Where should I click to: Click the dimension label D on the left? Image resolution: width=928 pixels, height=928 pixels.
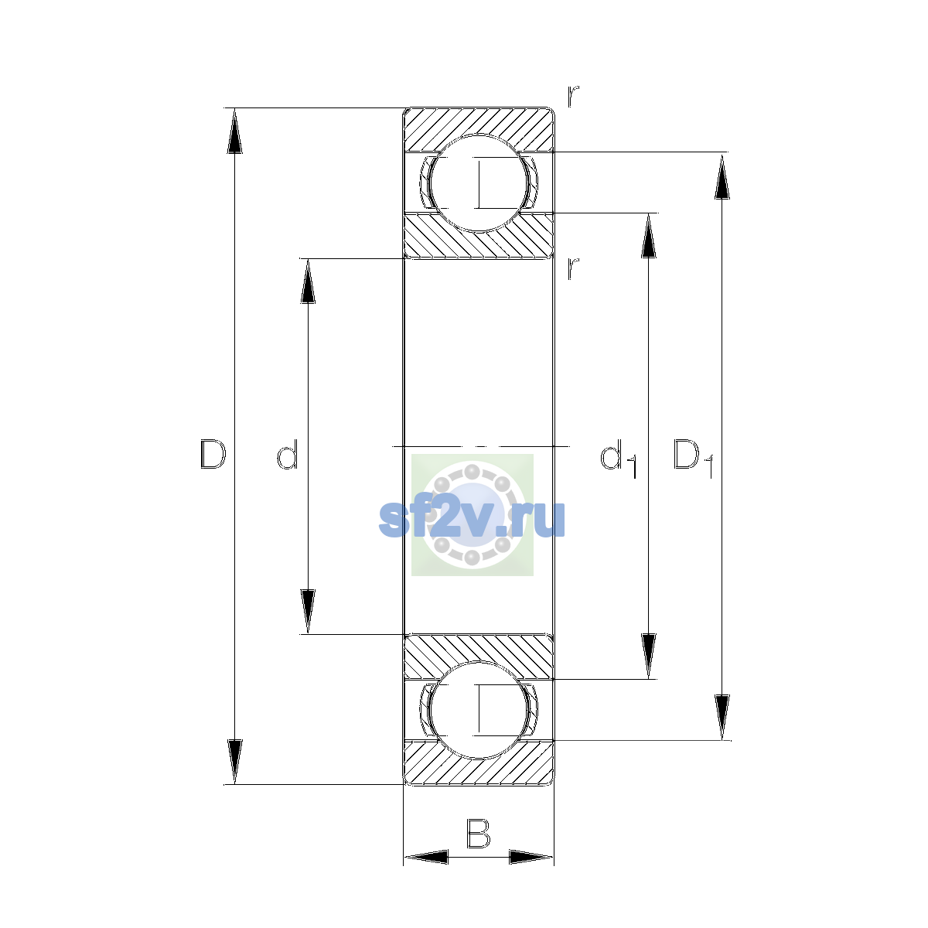(x=213, y=454)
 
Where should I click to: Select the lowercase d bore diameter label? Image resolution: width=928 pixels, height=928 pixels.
(x=288, y=454)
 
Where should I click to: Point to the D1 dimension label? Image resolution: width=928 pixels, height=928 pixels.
(x=692, y=458)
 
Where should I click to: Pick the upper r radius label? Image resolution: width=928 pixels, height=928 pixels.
(x=572, y=96)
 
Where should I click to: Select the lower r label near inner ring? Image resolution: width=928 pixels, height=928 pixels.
(x=572, y=268)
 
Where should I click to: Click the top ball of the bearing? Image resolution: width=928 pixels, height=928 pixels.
(x=478, y=183)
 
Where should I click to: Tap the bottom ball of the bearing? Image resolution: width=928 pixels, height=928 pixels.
(x=478, y=710)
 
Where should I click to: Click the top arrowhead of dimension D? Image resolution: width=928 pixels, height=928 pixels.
(x=234, y=130)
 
